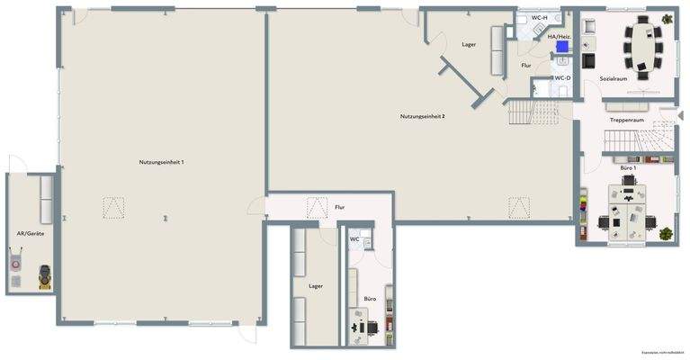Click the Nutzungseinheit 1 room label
coord(161,161)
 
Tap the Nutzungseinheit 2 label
coord(423,116)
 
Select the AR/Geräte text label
coord(31,233)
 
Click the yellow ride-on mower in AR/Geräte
coord(42,277)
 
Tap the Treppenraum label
coord(626,120)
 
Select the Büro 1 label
coord(628,168)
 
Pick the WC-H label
coord(540,18)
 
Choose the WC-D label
coord(562,78)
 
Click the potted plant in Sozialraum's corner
coord(667,19)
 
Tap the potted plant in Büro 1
coord(666,233)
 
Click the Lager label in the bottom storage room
coord(316,285)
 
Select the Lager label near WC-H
coord(469,43)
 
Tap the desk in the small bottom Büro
coord(363,325)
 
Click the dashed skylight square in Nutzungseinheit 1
coord(113,208)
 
